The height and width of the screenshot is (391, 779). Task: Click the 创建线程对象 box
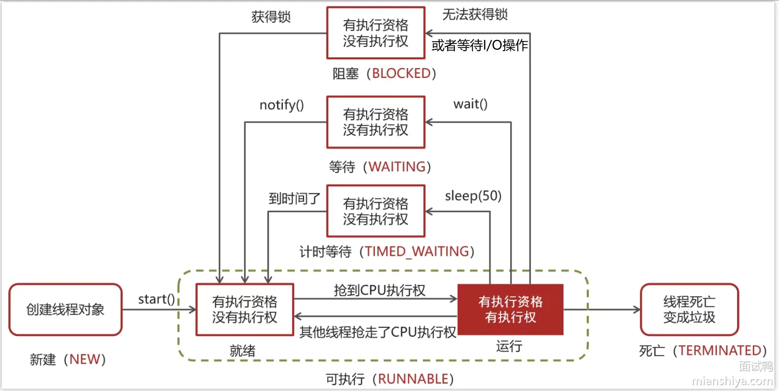[65, 309]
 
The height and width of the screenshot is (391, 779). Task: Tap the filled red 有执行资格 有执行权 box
[510, 309]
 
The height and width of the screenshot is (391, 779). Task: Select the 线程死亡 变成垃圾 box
[689, 309]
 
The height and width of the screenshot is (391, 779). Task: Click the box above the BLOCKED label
[375, 33]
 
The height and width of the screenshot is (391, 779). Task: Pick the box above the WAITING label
[375, 122]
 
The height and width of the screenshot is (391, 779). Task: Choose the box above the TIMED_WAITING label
[375, 211]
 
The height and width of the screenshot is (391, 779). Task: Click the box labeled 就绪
[245, 309]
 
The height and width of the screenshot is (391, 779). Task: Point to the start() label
[156, 299]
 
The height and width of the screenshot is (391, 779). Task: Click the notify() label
[282, 105]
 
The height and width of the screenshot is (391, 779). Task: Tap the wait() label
[470, 104]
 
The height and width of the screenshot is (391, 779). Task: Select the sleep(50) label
[473, 196]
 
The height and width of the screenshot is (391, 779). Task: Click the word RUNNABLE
[413, 379]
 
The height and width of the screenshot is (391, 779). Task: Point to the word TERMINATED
[720, 350]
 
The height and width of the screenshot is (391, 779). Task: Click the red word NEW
[85, 360]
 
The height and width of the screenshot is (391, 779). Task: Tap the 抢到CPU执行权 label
[380, 290]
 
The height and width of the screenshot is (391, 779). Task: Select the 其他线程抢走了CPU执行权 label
[378, 332]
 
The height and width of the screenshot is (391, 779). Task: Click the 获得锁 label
[271, 17]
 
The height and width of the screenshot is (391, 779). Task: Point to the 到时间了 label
[294, 199]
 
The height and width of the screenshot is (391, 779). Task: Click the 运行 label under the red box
[509, 346]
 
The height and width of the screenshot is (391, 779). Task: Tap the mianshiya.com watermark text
[732, 381]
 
